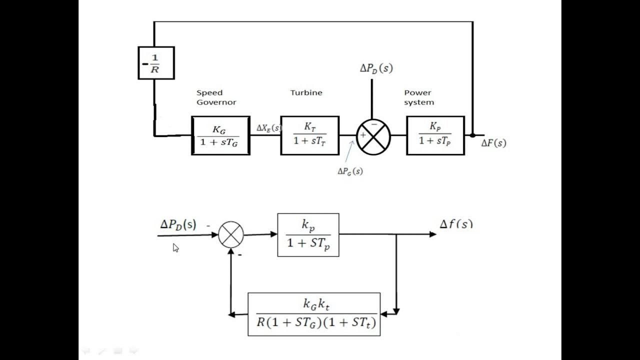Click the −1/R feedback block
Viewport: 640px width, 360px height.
pos(156,63)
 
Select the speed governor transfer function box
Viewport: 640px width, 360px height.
pos(220,135)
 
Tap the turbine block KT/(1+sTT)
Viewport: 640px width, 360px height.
pos(309,135)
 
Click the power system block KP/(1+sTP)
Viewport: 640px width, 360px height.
pos(435,135)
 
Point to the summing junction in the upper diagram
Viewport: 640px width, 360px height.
pos(373,136)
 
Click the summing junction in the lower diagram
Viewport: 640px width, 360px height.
pos(231,234)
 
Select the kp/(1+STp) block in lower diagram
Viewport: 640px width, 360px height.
pos(308,235)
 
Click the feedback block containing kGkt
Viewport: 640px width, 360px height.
pos(314,314)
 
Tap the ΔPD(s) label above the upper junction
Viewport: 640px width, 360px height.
pos(376,68)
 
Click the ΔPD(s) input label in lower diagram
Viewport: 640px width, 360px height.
pos(178,225)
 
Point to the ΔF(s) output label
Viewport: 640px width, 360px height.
pos(493,143)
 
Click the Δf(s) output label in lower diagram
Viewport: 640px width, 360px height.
pos(455,224)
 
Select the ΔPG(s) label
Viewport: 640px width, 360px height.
pos(350,171)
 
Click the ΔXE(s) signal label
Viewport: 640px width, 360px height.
pos(268,128)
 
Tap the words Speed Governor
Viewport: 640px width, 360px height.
pos(216,97)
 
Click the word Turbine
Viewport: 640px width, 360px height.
pos(306,92)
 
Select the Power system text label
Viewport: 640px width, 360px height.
pos(419,97)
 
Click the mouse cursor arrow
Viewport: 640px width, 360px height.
pos(175,247)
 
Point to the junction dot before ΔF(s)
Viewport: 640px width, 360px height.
pos(472,135)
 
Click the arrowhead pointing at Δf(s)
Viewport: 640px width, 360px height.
pos(433,234)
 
